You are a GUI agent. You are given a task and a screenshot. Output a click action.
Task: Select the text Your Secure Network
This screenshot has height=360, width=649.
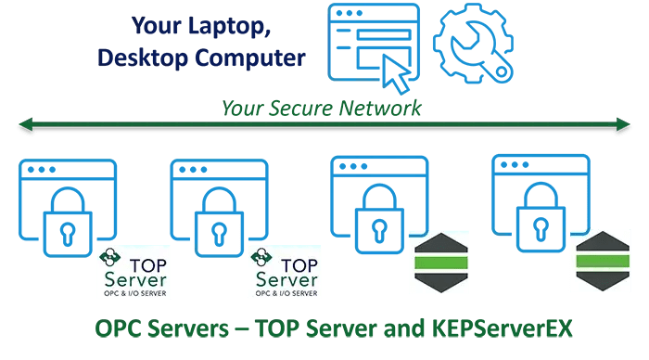321,108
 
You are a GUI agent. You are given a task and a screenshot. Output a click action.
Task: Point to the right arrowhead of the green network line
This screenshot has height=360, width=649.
630,122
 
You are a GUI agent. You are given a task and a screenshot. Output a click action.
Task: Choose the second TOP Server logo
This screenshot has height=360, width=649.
285,272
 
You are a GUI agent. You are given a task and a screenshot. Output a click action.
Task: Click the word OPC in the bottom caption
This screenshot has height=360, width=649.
121,328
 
